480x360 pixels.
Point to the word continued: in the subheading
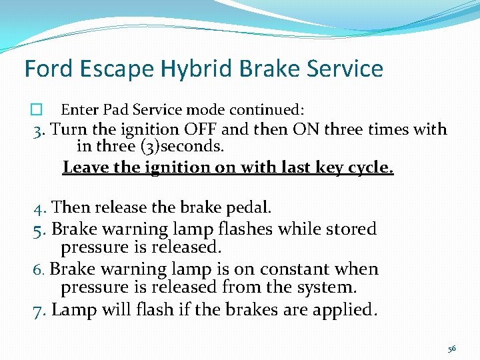(x=268, y=109)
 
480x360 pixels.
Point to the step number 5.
(x=40, y=229)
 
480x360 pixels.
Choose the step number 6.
(x=39, y=270)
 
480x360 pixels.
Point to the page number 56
(x=452, y=349)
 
